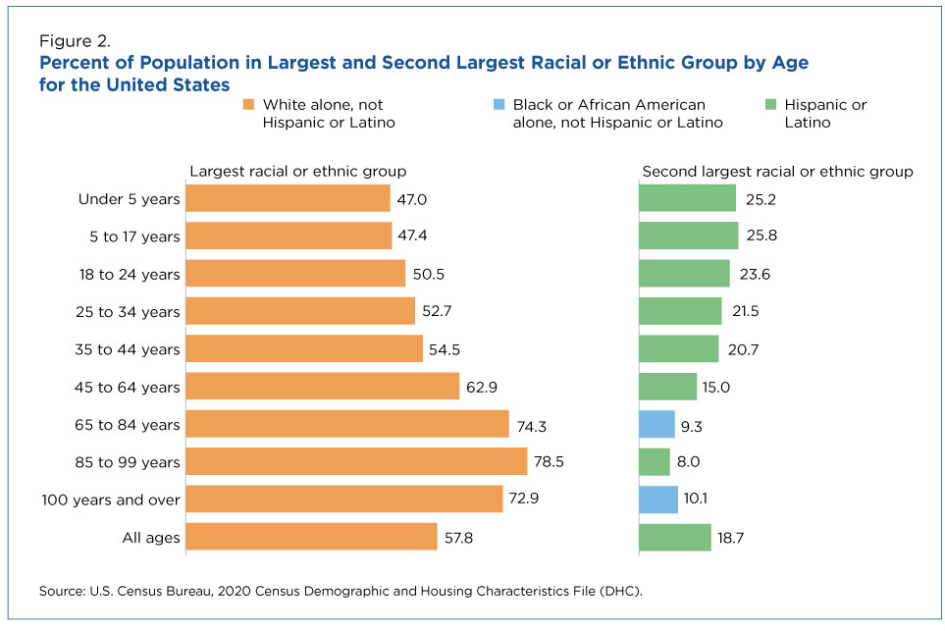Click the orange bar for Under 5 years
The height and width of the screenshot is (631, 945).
click(288, 199)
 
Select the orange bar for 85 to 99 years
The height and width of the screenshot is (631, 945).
click(356, 461)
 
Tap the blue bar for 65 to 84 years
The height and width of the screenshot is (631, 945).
click(656, 424)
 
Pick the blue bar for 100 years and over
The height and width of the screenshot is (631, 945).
click(657, 500)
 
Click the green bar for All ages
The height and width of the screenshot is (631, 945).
click(674, 537)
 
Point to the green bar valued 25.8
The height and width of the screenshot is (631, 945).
click(688, 237)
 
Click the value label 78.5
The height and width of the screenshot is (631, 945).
click(550, 461)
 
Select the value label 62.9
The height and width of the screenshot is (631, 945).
click(482, 387)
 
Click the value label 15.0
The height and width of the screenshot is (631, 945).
click(716, 387)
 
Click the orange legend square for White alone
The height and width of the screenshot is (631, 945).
click(249, 105)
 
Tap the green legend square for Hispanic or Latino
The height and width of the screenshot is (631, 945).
click(769, 105)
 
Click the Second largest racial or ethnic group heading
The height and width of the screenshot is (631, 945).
click(777, 172)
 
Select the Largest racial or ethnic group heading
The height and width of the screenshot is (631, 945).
click(297, 172)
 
